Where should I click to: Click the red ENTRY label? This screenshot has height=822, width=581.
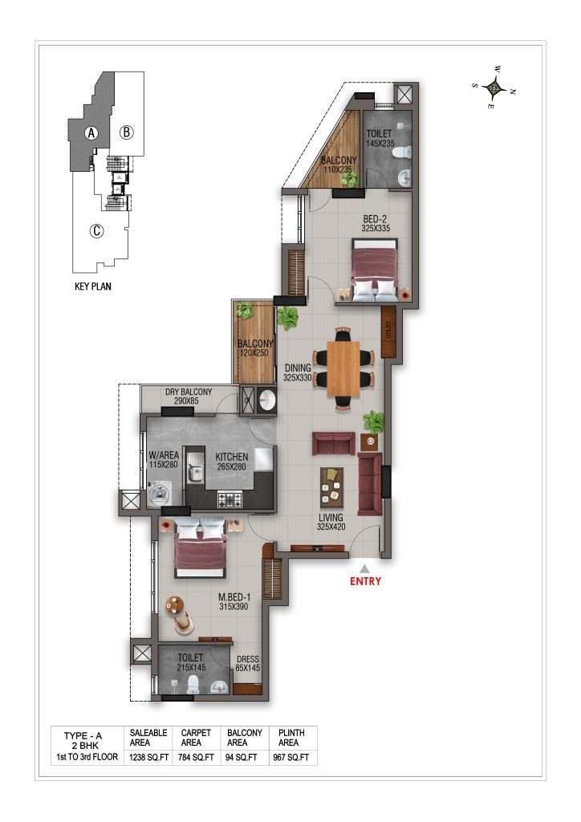pos(365,581)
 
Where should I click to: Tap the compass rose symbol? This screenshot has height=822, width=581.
pos(494,87)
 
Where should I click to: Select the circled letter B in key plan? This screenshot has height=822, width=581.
pos(126,132)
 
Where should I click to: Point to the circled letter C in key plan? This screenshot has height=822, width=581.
pos(96,230)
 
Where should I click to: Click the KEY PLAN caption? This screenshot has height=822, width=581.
pos(93,287)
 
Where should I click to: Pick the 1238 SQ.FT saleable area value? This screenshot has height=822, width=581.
pos(149,758)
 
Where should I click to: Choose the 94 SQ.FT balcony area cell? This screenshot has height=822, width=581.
pos(242,758)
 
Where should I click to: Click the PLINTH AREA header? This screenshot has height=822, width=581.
pos(291,738)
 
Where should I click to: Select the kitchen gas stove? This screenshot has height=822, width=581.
pos(230,499)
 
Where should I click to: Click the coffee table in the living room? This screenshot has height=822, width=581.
pos(331,488)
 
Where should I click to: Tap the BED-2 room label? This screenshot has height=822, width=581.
pos(375,219)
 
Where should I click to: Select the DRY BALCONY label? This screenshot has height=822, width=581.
pos(189,392)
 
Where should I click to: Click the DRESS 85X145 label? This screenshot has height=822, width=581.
pos(248,664)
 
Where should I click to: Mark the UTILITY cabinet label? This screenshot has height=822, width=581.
pos(388,331)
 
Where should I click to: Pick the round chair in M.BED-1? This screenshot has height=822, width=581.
pos(184,622)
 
